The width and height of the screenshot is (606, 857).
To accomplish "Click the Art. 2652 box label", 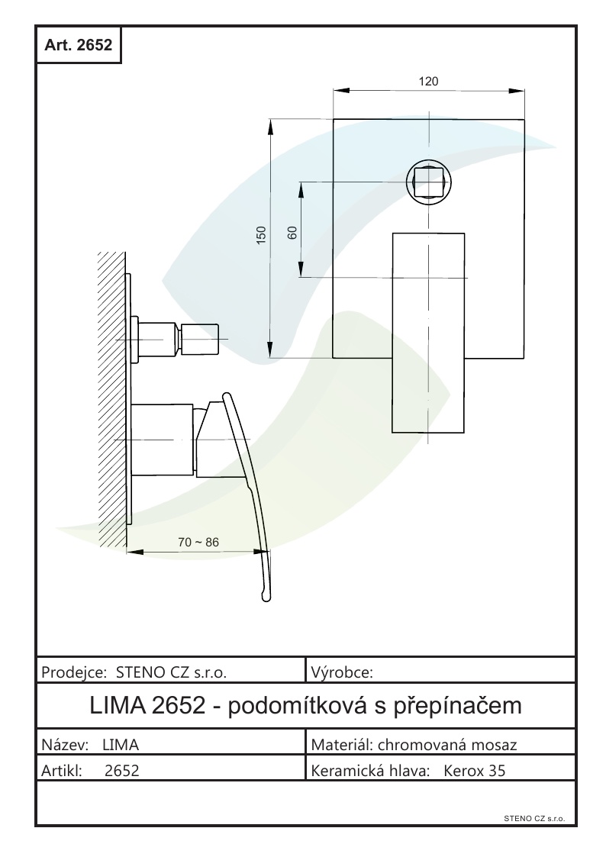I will pos(79,45).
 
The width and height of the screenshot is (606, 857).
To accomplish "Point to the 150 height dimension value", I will pos(261,235).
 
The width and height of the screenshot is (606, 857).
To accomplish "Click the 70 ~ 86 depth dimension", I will pos(198,542).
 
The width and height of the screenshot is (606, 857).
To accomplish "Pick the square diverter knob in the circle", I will pos(428,182).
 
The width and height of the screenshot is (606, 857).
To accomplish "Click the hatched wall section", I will pos(111,389).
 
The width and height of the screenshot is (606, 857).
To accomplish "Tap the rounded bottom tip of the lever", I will pos(264,594).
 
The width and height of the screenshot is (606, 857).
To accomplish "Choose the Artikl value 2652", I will pos(121,771).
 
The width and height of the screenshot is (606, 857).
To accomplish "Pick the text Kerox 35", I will pos(475,771).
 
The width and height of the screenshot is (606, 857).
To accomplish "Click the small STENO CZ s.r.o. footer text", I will pos(533,817).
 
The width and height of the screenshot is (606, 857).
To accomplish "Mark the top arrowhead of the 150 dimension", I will pos(270,124).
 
